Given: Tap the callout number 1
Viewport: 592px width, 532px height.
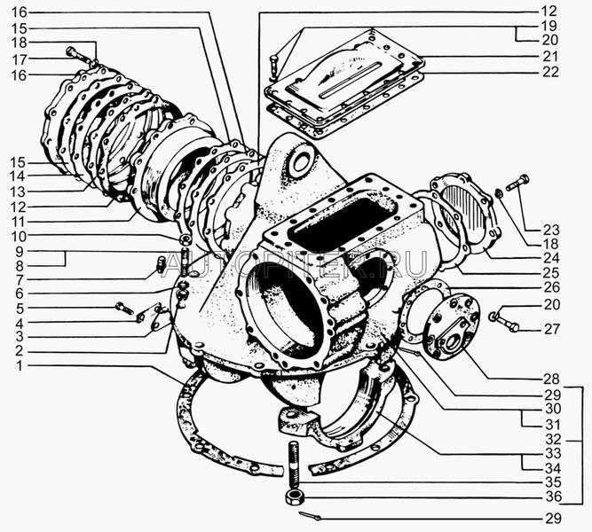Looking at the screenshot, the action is click(20, 366).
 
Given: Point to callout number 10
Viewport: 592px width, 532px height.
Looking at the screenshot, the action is click(20, 236).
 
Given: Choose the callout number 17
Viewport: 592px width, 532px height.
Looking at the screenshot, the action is click(20, 59).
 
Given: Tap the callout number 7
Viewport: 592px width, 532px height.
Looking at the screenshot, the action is click(20, 278).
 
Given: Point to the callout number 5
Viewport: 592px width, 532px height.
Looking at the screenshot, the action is click(20, 308).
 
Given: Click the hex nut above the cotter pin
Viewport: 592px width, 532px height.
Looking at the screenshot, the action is click(292, 497).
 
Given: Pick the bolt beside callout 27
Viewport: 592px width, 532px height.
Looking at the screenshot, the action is click(503, 321).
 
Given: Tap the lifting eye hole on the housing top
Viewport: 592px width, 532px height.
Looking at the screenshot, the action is click(299, 163).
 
